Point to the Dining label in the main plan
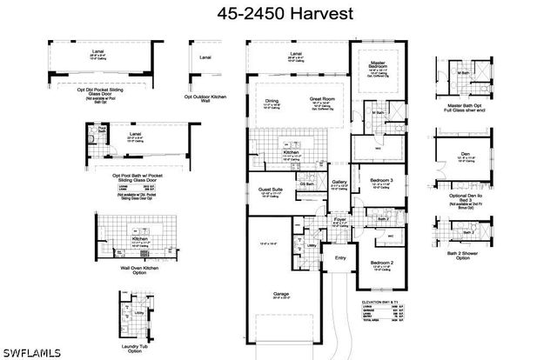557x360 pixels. click(272, 101)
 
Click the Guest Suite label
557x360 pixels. click(271, 188)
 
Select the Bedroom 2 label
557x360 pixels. click(382, 262)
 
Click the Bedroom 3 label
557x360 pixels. click(381, 180)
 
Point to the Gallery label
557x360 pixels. click(339, 182)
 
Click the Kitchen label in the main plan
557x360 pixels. click(291, 153)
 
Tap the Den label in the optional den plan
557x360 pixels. click(466, 154)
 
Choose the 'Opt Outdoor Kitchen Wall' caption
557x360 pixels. click(205, 96)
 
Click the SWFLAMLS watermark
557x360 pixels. click(27, 352)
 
